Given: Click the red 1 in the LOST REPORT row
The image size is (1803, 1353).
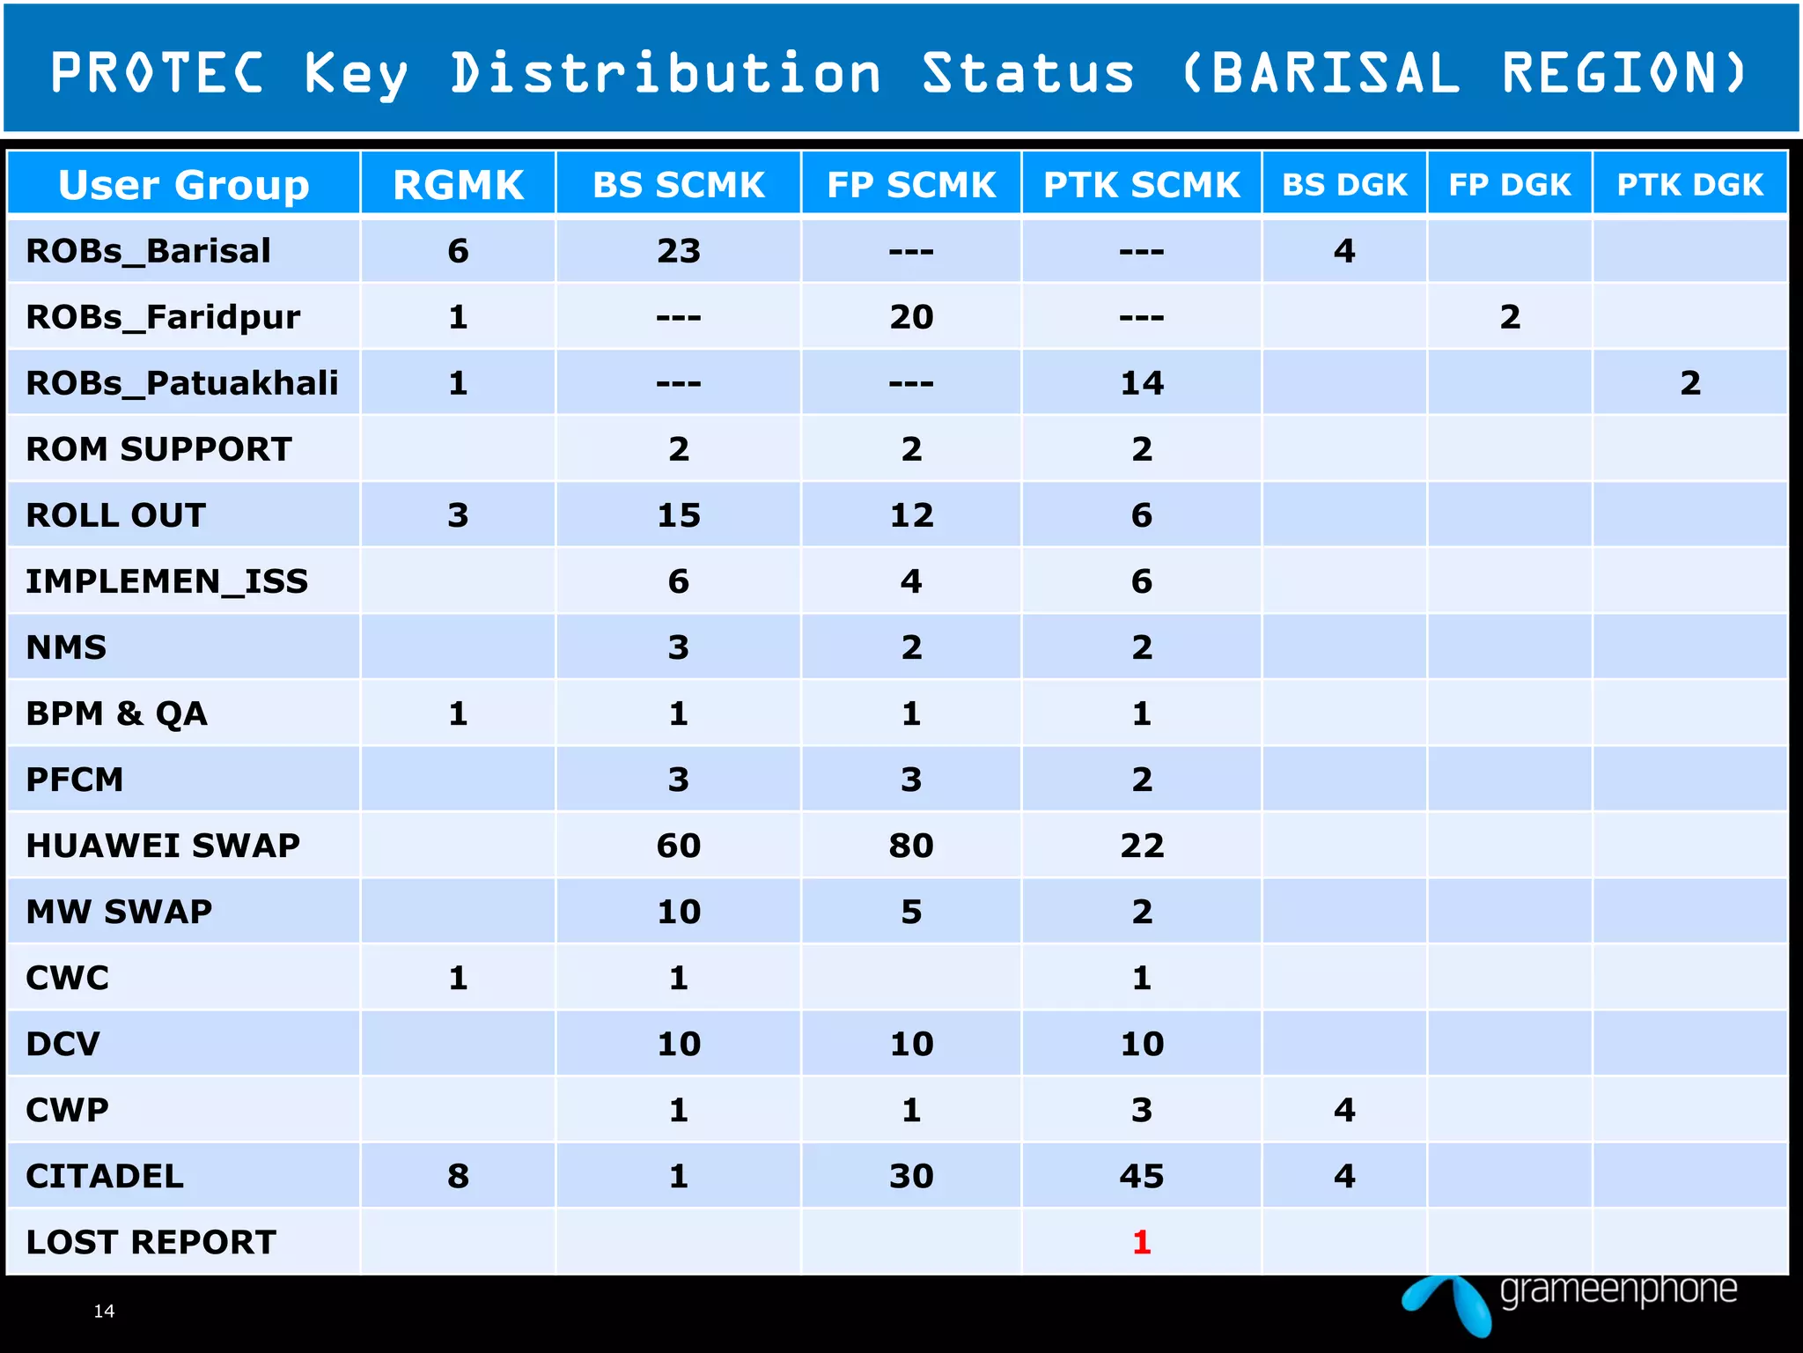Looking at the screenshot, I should (x=1141, y=1242).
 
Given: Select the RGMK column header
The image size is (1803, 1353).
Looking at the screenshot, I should (x=458, y=185).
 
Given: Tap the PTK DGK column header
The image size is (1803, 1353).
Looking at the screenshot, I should (x=1689, y=185).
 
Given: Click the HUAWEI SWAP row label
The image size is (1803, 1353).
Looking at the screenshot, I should (x=163, y=846).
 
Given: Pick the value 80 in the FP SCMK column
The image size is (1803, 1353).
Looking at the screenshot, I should (x=911, y=846).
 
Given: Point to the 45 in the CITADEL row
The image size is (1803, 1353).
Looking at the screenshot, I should (x=1142, y=1176).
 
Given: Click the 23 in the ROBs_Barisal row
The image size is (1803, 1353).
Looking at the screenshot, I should (x=679, y=251).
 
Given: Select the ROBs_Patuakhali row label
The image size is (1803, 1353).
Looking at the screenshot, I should (x=182, y=383).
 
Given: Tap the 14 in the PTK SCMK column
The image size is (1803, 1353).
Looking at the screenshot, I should (x=1142, y=383).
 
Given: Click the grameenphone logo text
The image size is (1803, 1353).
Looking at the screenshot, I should (x=1618, y=1290).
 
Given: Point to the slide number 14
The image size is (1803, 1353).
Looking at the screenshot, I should (x=104, y=1311).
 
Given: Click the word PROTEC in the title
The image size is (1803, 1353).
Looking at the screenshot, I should (x=157, y=72).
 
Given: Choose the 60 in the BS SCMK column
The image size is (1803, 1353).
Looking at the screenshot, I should (x=679, y=846).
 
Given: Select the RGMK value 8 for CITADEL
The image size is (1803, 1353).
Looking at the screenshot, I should (x=458, y=1176).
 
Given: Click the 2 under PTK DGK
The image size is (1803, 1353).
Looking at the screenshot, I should (x=1689, y=383).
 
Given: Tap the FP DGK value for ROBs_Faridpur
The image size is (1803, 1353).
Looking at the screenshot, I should (x=1510, y=317).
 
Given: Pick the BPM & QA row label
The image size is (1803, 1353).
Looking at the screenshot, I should (x=116, y=713).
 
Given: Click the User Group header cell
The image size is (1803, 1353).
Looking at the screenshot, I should (x=184, y=185).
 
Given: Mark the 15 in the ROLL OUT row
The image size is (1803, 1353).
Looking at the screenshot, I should (x=679, y=515).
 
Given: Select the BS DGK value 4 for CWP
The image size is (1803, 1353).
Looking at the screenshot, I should (x=1344, y=1110).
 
